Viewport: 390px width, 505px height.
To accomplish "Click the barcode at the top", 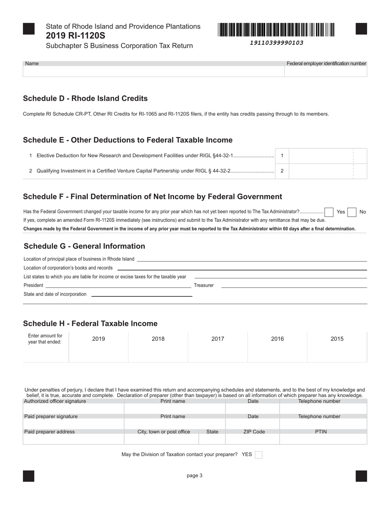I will click(x=276, y=30).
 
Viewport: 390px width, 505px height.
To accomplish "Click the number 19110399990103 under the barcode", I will click(x=276, y=43).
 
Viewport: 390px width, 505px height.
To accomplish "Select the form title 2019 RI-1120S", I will click(x=76, y=36).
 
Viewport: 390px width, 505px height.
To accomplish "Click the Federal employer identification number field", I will click(x=326, y=71).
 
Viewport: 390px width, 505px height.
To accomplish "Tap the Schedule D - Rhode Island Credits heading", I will click(x=85, y=99).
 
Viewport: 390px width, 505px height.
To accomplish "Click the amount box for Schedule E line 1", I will click(x=321, y=156).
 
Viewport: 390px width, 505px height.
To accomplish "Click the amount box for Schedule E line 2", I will click(x=321, y=171).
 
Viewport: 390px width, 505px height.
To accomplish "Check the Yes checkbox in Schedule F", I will click(x=328, y=212).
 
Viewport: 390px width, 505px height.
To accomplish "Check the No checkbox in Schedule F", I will click(x=351, y=212).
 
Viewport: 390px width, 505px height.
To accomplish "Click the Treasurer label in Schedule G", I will click(x=204, y=285).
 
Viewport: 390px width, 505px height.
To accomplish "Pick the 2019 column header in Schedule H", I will click(x=99, y=339).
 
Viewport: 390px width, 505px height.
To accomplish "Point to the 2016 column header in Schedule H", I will click(x=278, y=339).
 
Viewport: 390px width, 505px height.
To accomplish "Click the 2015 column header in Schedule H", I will click(x=337, y=339).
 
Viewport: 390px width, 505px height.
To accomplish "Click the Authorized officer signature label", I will click(x=55, y=401).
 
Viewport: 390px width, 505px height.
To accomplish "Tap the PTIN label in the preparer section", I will click(x=321, y=432).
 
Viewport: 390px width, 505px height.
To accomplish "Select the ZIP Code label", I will click(x=254, y=432).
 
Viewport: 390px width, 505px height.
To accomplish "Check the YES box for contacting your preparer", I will click(x=259, y=454).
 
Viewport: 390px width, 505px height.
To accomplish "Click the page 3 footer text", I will click(x=195, y=476).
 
